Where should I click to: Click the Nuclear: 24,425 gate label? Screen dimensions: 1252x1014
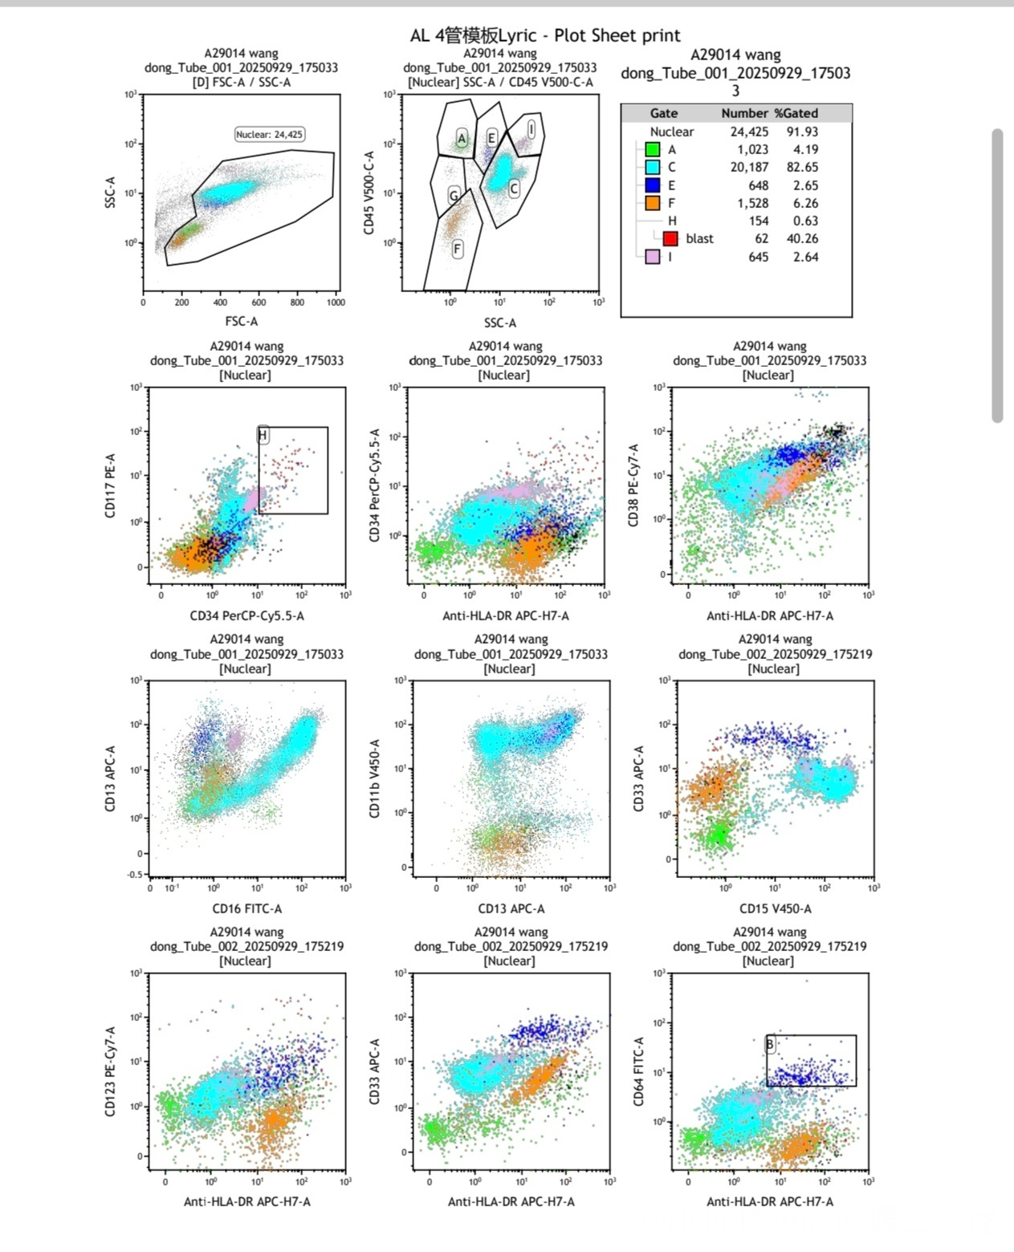tap(269, 134)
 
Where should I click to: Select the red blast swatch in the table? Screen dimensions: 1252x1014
tap(670, 238)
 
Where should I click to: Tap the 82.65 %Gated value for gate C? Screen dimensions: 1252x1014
tap(802, 167)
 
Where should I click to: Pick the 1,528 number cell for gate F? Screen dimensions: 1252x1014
tap(752, 203)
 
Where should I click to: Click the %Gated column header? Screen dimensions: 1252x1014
tap(796, 113)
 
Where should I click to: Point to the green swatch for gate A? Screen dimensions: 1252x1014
tap(653, 149)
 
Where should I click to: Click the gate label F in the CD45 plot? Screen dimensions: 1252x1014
tap(457, 249)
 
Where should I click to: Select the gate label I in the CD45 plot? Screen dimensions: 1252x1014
tap(531, 128)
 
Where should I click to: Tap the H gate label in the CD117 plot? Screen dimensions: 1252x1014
tap(263, 435)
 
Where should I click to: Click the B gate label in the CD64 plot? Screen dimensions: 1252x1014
tap(770, 1044)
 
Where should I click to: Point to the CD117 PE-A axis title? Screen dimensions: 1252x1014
tap(111, 486)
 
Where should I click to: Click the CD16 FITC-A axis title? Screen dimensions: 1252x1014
tap(246, 909)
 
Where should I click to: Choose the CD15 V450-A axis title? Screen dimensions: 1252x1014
tap(775, 909)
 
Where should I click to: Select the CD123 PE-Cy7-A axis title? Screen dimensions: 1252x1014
tap(111, 1071)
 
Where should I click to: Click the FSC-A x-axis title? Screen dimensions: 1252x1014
tap(241, 321)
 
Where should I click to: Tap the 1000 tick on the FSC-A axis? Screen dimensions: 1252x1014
tap(336, 303)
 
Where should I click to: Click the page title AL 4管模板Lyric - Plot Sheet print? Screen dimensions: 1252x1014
tap(545, 35)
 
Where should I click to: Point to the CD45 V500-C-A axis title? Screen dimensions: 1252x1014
tap(369, 193)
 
